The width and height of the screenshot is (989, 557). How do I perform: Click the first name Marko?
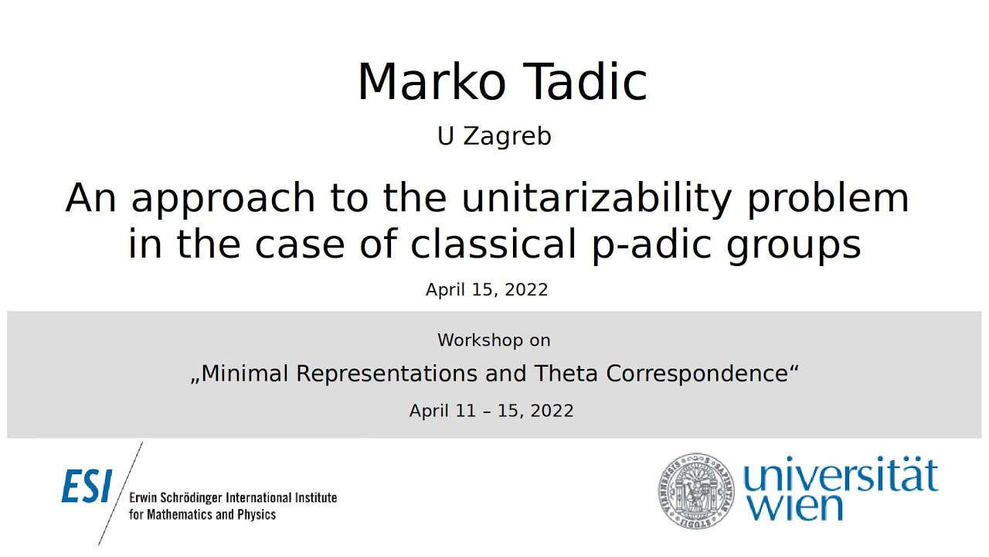coord(429,82)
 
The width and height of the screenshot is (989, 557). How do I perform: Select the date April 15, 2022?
coord(487,290)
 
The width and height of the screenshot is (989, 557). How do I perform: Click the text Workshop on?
coord(494,340)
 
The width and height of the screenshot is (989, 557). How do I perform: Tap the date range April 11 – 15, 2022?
coord(491,411)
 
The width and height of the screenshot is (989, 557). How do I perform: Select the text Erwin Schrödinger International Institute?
coord(233,497)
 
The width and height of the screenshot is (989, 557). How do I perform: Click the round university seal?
coord(695,491)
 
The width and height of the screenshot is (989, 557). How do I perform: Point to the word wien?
coord(786,507)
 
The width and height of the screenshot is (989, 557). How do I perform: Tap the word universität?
coord(840,477)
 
